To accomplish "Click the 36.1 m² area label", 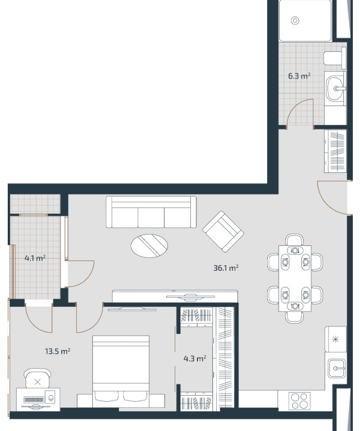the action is point(226,267).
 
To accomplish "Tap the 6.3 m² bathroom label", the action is point(299,76).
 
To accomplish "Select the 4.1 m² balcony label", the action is point(35,258).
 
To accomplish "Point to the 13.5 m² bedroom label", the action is point(58,351).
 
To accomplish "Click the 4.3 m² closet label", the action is point(195,359).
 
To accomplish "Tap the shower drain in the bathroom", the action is point(295,20).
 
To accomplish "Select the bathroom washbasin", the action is point(335,88).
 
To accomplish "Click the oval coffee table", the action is point(149,245).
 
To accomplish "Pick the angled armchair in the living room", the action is point(223,232).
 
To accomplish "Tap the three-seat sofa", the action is point(151,212).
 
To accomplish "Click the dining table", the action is point(295,278).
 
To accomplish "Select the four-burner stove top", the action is point(300,401).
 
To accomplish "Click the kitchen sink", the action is point(336,369).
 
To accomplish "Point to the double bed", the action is point(121,371).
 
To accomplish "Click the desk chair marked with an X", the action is point(38,378).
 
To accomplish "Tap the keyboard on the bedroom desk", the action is point(34,400).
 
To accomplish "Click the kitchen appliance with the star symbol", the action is point(336,339).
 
